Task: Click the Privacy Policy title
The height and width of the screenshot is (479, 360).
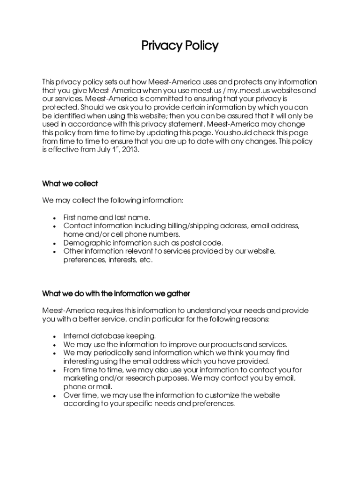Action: click(x=180, y=46)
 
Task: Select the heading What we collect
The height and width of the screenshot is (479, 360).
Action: click(x=70, y=183)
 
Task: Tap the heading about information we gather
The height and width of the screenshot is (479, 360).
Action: click(x=116, y=294)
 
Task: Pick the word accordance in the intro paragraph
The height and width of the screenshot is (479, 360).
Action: click(x=88, y=124)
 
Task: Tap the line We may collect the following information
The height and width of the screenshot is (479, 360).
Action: click(x=113, y=200)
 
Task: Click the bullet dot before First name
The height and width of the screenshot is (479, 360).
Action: click(x=55, y=218)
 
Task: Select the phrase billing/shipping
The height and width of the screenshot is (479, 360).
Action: click(x=180, y=226)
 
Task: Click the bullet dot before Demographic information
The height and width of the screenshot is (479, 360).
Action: click(x=55, y=243)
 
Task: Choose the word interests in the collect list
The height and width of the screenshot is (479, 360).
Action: click(x=122, y=260)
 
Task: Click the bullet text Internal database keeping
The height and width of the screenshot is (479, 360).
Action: click(x=109, y=336)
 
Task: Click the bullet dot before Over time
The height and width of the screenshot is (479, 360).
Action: click(x=55, y=396)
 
